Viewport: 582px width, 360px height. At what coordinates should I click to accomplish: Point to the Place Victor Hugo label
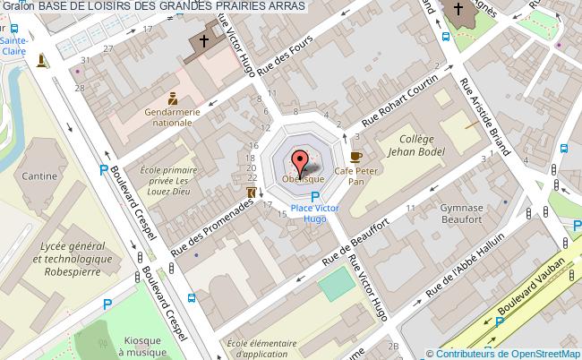(x=314, y=213)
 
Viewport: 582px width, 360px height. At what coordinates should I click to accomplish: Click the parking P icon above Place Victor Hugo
(x=314, y=198)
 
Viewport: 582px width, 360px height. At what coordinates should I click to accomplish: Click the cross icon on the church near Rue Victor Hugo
(x=203, y=41)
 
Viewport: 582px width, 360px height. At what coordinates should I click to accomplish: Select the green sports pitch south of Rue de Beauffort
(x=336, y=285)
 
